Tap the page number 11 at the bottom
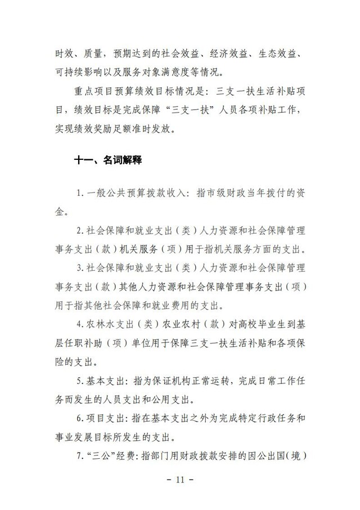pos(180,480)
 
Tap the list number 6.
pos(79,419)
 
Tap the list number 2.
pos(79,230)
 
